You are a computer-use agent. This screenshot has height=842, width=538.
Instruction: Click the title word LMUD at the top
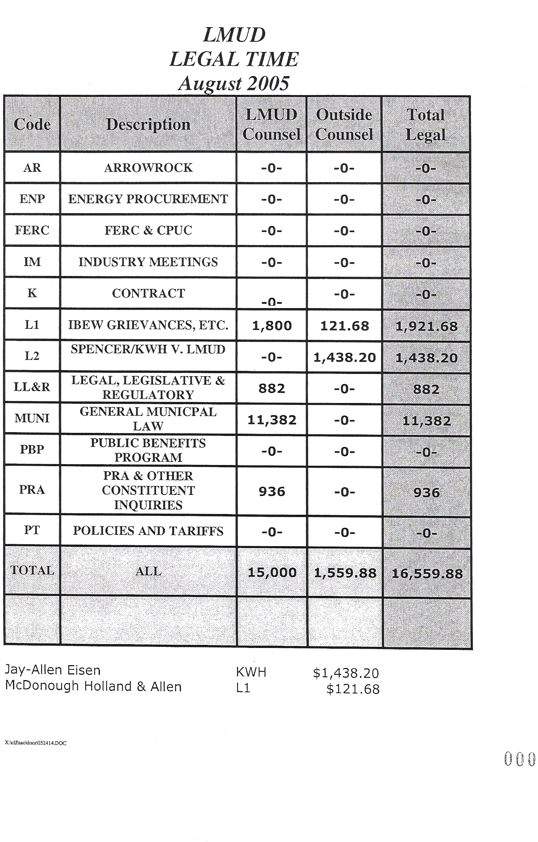[x=234, y=35]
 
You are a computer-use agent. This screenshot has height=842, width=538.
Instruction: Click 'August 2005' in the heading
[x=234, y=83]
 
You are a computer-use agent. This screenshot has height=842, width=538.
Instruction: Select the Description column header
[x=148, y=124]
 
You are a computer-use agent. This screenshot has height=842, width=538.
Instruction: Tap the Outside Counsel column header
[x=344, y=124]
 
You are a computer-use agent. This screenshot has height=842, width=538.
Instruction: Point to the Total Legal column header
[x=426, y=124]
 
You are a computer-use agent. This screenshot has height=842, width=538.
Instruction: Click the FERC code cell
[x=32, y=230]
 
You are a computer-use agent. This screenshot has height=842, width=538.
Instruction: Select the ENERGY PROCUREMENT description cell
[x=148, y=199]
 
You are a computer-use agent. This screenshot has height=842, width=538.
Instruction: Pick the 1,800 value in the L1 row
[x=272, y=326]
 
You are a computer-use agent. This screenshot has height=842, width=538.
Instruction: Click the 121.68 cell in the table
[x=344, y=326]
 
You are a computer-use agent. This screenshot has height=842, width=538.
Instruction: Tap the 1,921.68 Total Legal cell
[x=426, y=326]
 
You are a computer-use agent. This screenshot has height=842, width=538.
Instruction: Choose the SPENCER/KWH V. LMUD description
[x=148, y=349]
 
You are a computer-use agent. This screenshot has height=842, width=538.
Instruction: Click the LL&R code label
[x=32, y=387]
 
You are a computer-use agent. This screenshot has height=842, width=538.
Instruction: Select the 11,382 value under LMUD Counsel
[x=272, y=420]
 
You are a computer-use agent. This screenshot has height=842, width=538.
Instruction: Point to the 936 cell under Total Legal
[x=426, y=493]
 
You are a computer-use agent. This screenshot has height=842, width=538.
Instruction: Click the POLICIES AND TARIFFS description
[x=148, y=531]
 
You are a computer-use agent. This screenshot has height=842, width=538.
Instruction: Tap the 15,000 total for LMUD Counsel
[x=272, y=573]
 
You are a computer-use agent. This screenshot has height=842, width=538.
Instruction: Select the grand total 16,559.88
[x=427, y=574]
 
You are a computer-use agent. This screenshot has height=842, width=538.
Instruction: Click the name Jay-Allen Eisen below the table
[x=53, y=670]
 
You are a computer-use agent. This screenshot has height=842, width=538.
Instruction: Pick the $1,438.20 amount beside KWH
[x=346, y=673]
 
